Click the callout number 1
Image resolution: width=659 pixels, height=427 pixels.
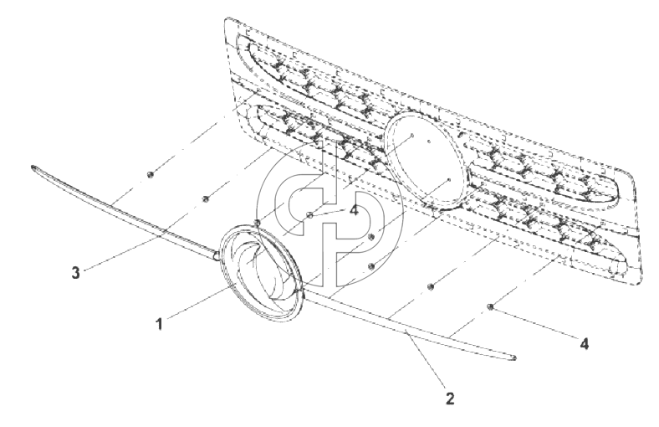coord(159,324)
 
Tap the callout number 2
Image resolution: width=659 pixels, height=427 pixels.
coord(450,399)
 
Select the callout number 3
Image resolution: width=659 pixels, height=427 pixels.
coord(75,273)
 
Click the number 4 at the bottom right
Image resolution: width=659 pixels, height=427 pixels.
coord(585,344)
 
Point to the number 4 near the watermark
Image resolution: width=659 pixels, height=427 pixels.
coord(354,210)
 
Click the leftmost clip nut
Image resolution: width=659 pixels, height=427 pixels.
coord(150,175)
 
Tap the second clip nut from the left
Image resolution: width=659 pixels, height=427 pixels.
coord(206,199)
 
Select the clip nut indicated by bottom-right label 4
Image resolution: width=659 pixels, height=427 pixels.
coord(490,306)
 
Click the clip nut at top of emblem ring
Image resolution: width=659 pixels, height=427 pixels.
coord(257,222)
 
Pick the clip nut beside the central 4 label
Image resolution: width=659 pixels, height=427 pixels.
coord(310,215)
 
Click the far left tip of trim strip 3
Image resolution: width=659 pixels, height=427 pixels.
coord(32,167)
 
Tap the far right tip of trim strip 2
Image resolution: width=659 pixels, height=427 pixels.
coord(515,358)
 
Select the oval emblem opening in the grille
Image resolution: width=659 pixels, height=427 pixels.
coord(427,160)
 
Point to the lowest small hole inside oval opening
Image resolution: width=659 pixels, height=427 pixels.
coord(449,180)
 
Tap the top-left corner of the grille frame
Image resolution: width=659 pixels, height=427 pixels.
coord(226,19)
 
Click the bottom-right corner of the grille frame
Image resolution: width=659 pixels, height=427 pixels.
coord(641,283)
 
